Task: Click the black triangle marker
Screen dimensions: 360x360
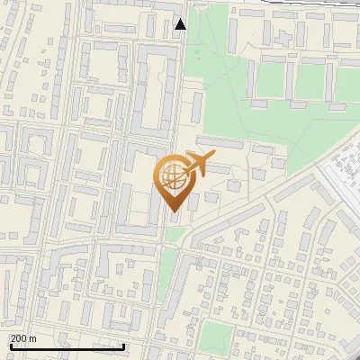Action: (181, 24)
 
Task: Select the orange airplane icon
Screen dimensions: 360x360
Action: (201, 163)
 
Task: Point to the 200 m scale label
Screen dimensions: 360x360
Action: (23, 338)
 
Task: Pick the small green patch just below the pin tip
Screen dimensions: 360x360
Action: (177, 234)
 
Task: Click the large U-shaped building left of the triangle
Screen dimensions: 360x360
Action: (154, 90)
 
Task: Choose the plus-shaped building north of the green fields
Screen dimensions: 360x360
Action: (287, 38)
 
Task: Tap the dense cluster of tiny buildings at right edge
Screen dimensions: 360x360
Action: (345, 171)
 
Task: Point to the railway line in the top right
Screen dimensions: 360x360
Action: (306, 11)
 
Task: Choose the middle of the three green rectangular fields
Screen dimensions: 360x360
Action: (308, 81)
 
